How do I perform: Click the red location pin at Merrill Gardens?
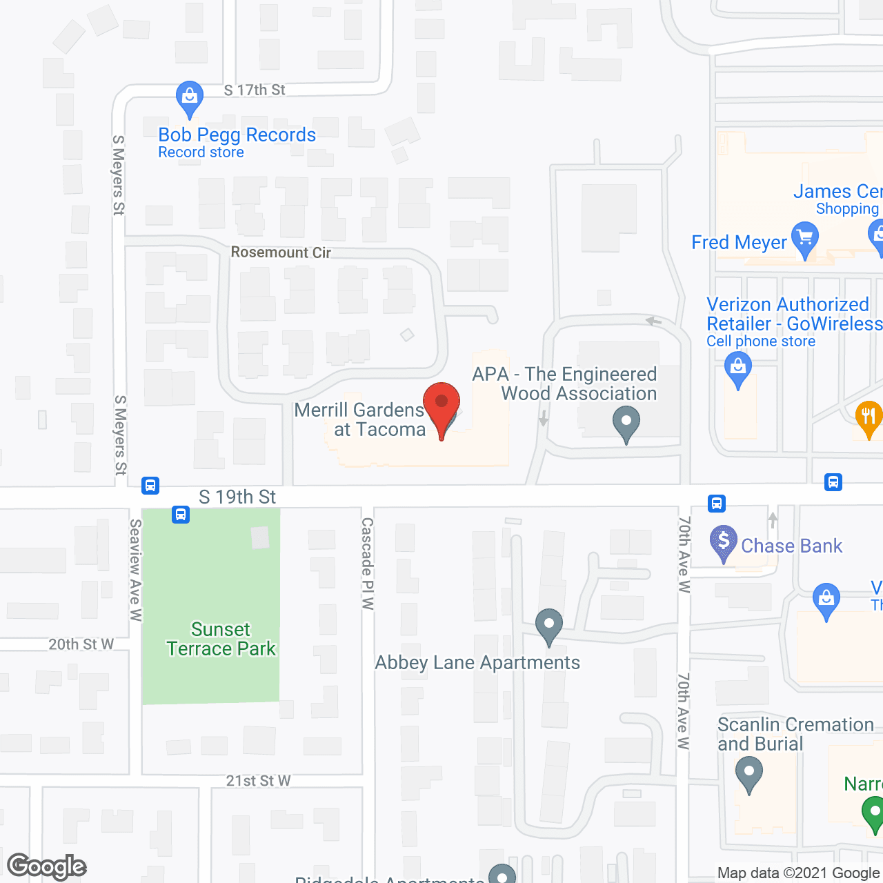(441, 404)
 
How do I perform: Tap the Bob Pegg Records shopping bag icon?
(189, 97)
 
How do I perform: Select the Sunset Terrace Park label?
(221, 639)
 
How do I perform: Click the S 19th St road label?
(237, 497)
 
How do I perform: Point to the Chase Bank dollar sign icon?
(723, 541)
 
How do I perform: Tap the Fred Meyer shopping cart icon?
(804, 238)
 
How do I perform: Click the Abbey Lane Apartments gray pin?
(549, 624)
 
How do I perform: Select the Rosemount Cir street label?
(281, 252)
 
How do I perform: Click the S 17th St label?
(255, 90)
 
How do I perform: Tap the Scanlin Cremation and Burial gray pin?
(748, 772)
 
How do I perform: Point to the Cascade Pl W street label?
(368, 564)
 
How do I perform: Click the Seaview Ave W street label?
(136, 570)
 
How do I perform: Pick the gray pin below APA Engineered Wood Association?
(626, 422)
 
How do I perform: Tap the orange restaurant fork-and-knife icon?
(869, 416)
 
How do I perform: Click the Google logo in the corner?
(47, 866)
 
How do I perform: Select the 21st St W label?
(258, 781)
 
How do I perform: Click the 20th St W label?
(81, 644)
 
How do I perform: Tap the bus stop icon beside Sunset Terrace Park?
(181, 514)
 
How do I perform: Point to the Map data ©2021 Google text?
(798, 873)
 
